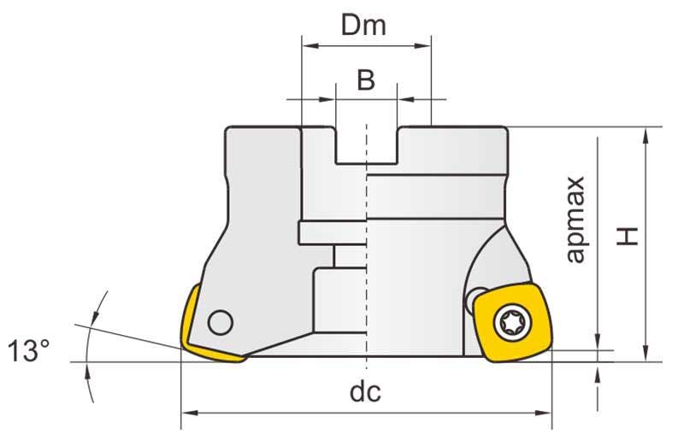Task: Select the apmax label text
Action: [x=578, y=220]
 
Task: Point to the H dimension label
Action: [x=628, y=235]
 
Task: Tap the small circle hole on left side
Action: [x=221, y=322]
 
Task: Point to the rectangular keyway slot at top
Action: [x=366, y=145]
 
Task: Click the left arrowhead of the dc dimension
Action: [x=187, y=414]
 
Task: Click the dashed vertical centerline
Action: [x=366, y=256]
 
